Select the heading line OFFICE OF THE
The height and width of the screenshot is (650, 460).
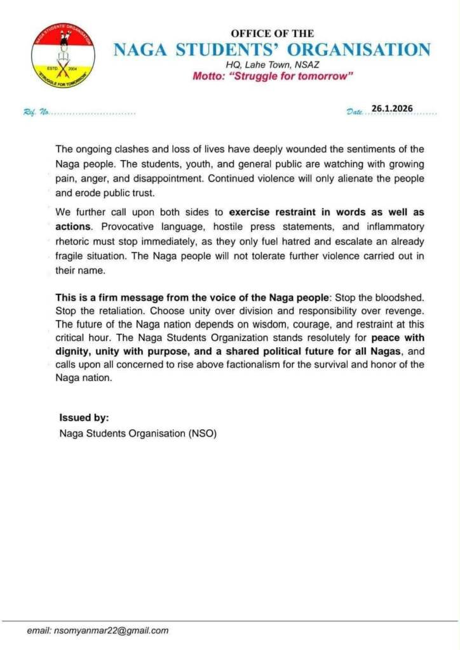coord(272,34)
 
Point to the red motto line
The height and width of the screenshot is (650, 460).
coord(273,76)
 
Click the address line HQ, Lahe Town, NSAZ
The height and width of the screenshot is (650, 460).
coord(271,64)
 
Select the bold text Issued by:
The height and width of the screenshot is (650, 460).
coord(84,418)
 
